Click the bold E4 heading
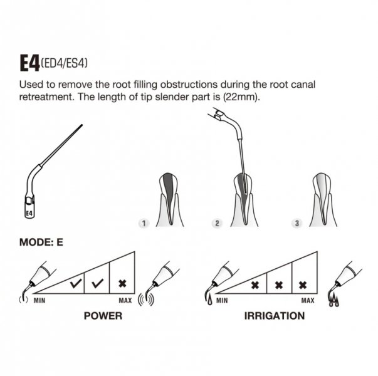pyautogui.click(x=29, y=63)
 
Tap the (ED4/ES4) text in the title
pyautogui.click(x=64, y=63)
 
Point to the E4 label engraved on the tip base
pyautogui.click(x=29, y=213)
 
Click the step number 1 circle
pyautogui.click(x=144, y=224)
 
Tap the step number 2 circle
pyautogui.click(x=217, y=224)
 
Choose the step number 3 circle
pyautogui.click(x=297, y=224)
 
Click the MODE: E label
pyautogui.click(x=41, y=243)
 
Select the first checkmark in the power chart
pyautogui.click(x=76, y=283)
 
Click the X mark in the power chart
pyautogui.click(x=122, y=283)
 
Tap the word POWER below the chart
pyautogui.click(x=103, y=316)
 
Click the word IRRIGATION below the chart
pyautogui.click(x=275, y=316)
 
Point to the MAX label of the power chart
pyautogui.click(x=125, y=301)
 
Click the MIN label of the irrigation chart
pyautogui.click(x=222, y=301)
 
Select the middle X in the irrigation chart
pyautogui.click(x=279, y=285)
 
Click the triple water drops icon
pyautogui.click(x=334, y=300)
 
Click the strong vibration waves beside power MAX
pyautogui.click(x=146, y=300)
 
